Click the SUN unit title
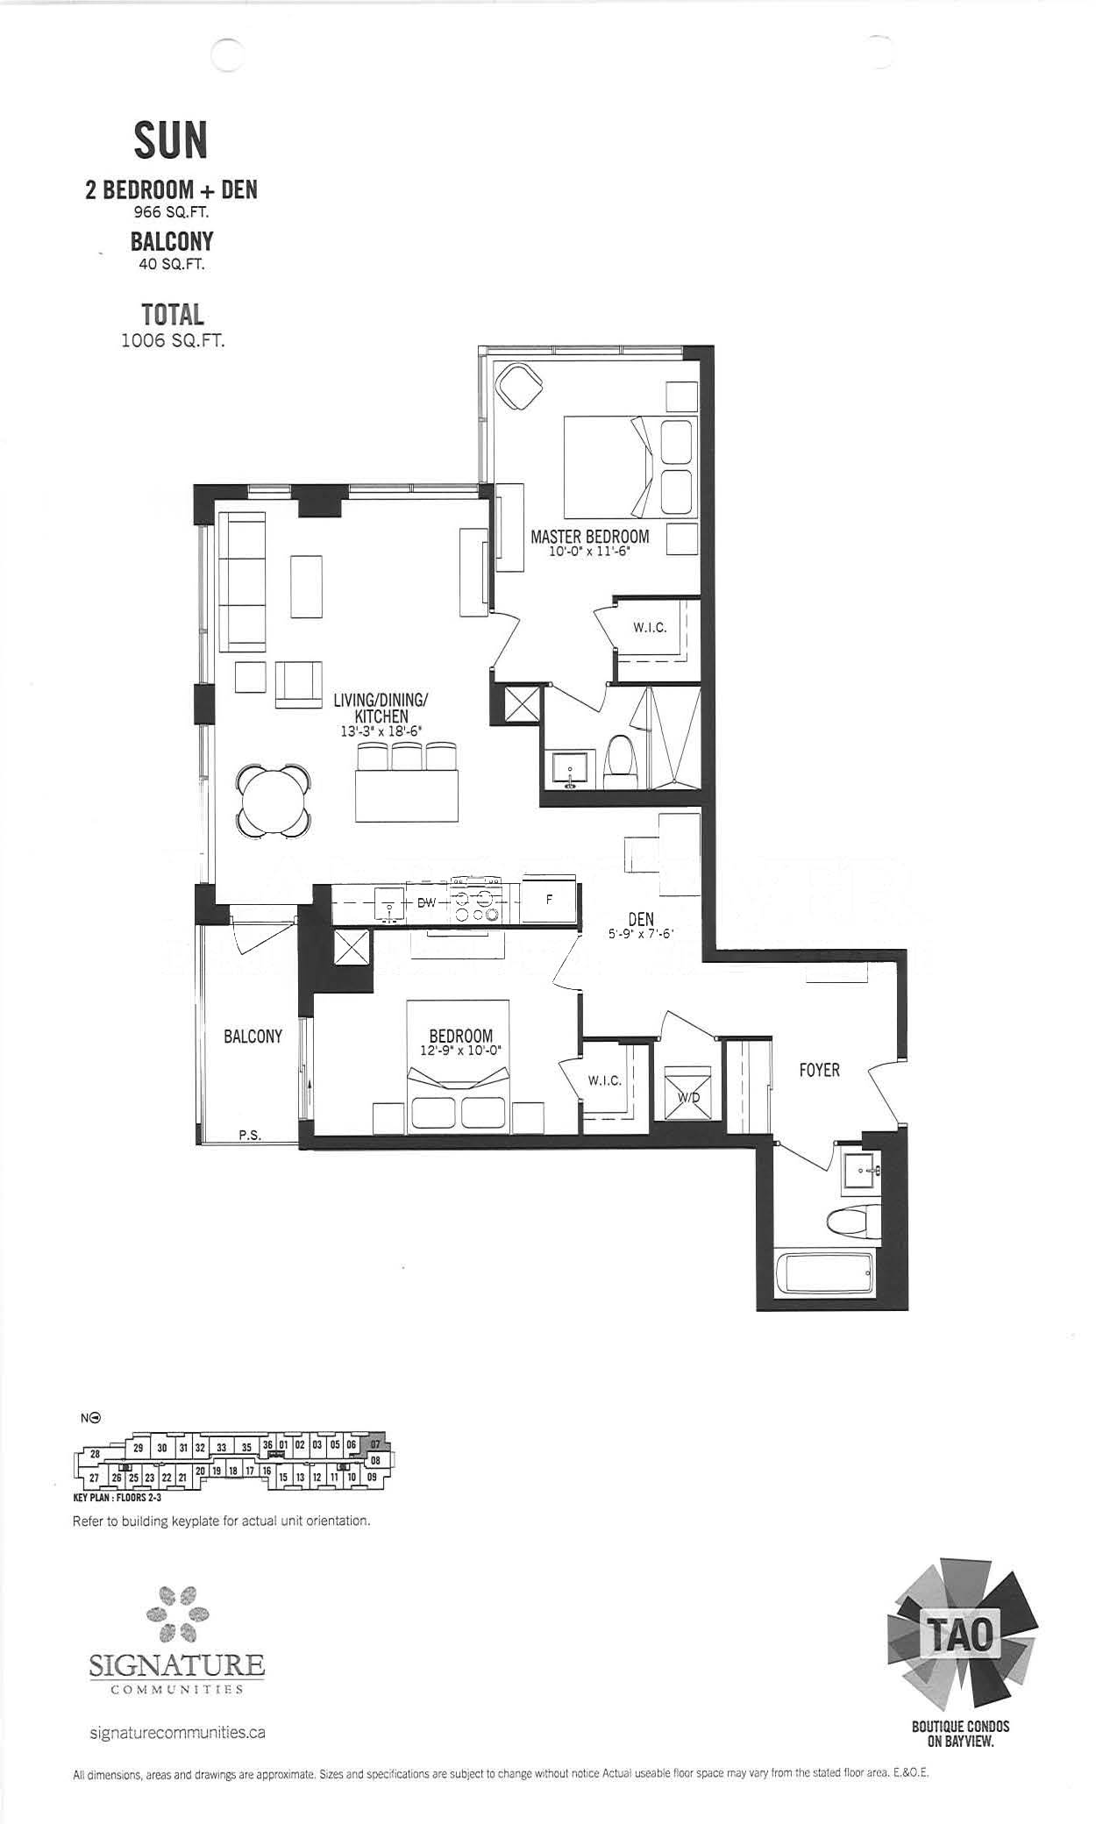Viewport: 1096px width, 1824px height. (x=171, y=139)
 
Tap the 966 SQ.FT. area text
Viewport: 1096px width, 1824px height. (x=171, y=211)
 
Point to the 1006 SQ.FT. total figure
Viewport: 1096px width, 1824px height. (x=173, y=340)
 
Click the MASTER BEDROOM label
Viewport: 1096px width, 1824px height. (x=590, y=536)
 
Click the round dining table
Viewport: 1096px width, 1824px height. (x=273, y=800)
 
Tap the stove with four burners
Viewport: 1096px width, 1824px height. (x=475, y=899)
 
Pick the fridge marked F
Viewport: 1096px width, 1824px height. (x=549, y=900)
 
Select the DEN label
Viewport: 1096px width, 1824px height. (x=641, y=919)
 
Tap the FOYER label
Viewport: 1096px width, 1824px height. (x=819, y=1070)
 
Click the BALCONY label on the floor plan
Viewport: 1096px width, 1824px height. (x=253, y=1037)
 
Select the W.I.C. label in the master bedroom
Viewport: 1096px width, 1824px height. (x=650, y=628)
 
